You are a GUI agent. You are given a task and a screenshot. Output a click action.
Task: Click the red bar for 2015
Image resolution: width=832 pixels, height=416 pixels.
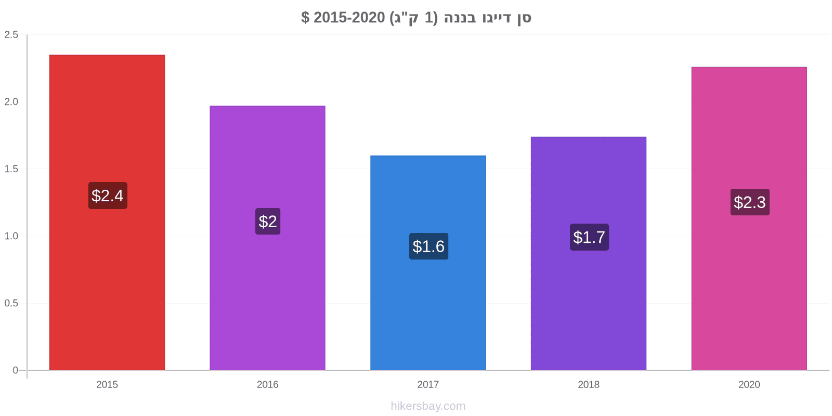pos(107,213)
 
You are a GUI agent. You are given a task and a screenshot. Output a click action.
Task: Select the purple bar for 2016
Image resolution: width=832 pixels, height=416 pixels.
pos(267,238)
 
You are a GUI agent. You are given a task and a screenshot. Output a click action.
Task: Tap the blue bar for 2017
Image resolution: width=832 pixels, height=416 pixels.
pos(428,263)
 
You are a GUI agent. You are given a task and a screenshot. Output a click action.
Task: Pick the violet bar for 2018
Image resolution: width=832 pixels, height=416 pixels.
pos(588,253)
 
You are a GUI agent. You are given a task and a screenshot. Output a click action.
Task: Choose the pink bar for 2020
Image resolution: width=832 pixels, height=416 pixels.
pos(749,219)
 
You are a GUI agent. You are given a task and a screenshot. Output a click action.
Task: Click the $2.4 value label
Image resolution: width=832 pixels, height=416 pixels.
pos(108,196)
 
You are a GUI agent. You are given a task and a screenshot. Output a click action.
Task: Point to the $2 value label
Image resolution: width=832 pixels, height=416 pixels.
pos(268,222)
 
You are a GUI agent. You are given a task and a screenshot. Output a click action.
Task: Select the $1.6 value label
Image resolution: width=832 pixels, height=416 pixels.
pos(428,246)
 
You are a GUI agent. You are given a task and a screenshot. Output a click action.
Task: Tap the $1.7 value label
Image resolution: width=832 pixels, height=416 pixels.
pos(589,237)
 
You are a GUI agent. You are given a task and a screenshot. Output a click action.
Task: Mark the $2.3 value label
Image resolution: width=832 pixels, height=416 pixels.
pos(750,202)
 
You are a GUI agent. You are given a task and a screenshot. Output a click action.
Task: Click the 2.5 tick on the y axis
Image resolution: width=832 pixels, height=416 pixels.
pos(11,34)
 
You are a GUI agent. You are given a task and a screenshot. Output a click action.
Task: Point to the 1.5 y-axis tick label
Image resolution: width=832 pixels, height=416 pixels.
pos(11,169)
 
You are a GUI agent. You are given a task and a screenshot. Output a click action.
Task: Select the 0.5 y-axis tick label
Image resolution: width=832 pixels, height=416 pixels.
pos(11,303)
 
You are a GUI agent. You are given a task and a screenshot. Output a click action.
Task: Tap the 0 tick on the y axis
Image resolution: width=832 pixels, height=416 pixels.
pos(15,370)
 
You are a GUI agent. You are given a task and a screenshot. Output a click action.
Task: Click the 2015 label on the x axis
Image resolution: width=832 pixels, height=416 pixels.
pos(107,384)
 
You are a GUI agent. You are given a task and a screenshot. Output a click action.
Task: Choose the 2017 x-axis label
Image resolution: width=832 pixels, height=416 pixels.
pos(428,384)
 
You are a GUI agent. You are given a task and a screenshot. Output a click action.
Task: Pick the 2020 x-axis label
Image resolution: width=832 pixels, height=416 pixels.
pos(749,384)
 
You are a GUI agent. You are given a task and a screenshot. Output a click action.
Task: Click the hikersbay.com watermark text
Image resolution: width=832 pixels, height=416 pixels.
pos(428,406)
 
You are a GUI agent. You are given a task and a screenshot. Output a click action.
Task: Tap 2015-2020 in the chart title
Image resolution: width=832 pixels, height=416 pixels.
pos(349,18)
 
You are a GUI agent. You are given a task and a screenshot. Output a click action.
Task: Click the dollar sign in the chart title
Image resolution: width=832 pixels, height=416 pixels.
pos(305,18)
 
